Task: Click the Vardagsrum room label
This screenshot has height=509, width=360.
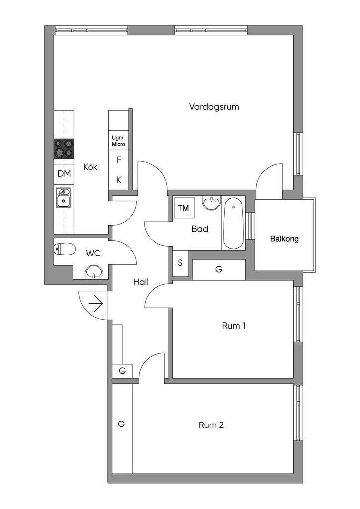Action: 211,107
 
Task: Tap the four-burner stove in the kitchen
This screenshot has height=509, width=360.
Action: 64,148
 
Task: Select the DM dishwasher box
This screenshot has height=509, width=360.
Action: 64,174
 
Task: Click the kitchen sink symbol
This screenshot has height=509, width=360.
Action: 63,197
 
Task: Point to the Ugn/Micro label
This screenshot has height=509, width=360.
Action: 118,141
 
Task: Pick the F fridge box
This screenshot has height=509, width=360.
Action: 118,160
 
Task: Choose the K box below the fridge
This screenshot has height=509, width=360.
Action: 118,180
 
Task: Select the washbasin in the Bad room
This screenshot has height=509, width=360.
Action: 212,204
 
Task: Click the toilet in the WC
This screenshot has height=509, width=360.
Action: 64,248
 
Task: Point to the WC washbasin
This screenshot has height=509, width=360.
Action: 94,271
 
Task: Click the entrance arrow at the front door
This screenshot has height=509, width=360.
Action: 96,302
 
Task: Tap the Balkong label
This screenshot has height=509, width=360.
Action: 284,239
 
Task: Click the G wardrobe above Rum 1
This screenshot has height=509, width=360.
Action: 219,269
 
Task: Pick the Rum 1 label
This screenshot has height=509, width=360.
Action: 233,326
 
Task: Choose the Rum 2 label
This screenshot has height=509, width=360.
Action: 211,425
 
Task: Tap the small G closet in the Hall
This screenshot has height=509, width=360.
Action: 122,371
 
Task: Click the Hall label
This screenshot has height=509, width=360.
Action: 141,282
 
